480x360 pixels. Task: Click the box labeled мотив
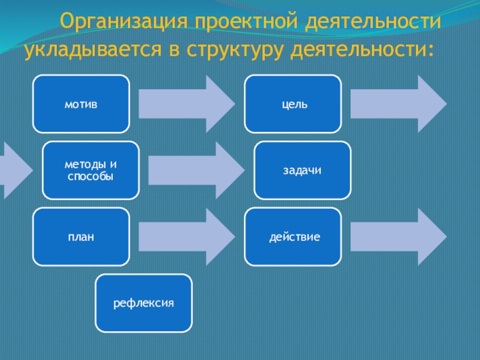81,104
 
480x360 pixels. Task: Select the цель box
293,104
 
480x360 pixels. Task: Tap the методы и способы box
91,170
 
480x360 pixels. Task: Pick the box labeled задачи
302,170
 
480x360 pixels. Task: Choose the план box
81,237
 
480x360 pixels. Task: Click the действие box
293,237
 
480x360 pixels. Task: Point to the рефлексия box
144,303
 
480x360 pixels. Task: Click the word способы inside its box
91,176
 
